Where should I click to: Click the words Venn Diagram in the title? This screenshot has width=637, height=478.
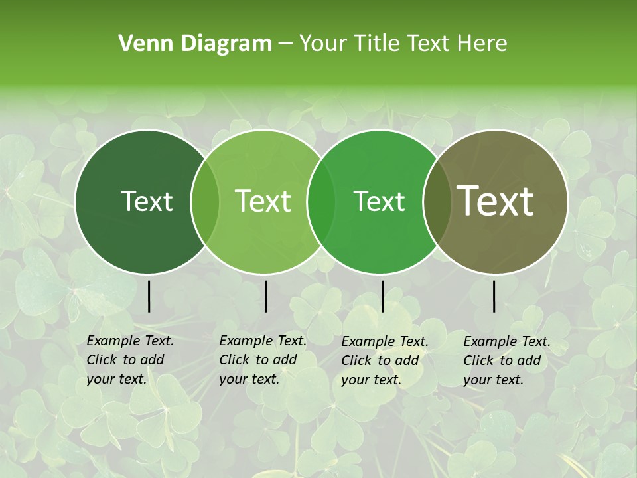point(195,44)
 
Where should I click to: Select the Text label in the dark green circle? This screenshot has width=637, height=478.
point(147,201)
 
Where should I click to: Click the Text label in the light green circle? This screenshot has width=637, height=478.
point(263,201)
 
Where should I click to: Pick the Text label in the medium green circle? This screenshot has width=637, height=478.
point(380,201)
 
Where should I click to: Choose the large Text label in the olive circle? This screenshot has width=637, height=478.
point(496,200)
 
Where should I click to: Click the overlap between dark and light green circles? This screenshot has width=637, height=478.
point(205,201)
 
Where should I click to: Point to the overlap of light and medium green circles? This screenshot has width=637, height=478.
point(321,201)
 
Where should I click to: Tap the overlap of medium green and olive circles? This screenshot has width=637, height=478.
point(435,201)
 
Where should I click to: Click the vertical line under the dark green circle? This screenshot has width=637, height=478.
point(149,296)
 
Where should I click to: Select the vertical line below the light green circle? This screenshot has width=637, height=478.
point(265,296)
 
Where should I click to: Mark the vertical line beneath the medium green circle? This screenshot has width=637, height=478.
point(382,296)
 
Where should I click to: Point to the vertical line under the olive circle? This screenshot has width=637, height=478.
point(494,296)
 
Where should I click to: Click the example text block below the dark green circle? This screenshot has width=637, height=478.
point(130,360)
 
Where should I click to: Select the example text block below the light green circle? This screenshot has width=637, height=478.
point(263,360)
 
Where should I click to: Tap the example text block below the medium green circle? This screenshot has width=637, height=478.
point(385,360)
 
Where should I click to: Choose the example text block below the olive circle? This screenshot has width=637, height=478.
point(507,360)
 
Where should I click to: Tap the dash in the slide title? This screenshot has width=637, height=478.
point(285,44)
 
